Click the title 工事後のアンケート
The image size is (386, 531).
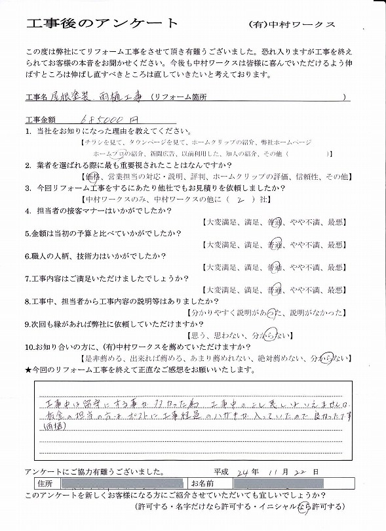(x=102, y=24)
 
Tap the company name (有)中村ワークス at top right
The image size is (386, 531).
(x=292, y=24)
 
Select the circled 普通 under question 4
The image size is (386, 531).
(x=277, y=221)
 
